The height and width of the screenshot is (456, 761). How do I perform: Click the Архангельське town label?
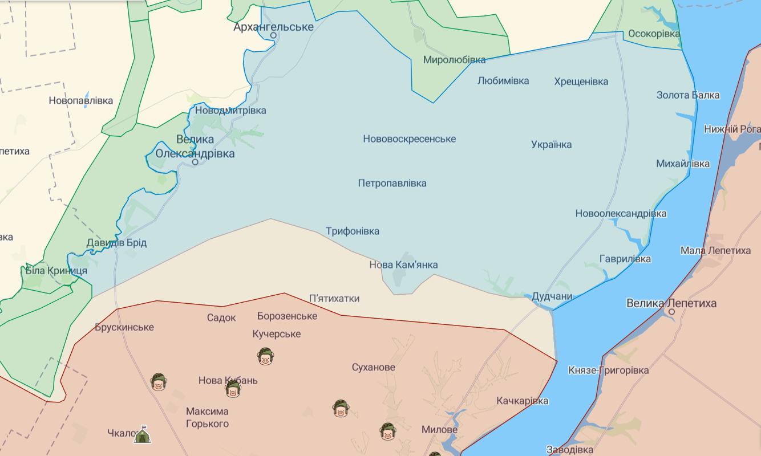pos(274,27)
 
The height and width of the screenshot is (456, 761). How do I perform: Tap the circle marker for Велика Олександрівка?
pos(195,162)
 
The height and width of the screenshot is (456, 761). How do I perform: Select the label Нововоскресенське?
pos(409,139)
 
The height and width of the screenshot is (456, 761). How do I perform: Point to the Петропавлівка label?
pos(392,183)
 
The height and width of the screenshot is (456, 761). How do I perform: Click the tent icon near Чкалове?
pos(142,435)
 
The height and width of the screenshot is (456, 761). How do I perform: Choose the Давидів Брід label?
pos(116,243)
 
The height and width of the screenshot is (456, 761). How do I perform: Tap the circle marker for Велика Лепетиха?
pos(672,312)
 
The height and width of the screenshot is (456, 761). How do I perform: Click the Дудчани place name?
pos(551,296)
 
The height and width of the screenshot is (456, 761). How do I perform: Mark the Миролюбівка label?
pos(454,60)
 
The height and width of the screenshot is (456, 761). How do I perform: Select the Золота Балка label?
pos(687,95)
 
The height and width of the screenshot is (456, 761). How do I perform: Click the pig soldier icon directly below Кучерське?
pos(264,357)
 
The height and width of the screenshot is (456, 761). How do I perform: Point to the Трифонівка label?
pos(352,231)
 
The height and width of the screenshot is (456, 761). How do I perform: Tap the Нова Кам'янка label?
pos(403,264)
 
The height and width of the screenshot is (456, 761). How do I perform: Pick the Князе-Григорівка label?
pos(608,370)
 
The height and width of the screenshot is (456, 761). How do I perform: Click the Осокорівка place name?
pos(654,34)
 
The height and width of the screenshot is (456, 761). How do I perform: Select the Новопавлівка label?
pos(80,100)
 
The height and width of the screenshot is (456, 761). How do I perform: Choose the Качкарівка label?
pos(522,401)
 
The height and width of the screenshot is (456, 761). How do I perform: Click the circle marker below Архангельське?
pos(273,35)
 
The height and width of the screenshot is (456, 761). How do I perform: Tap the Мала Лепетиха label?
pos(715,251)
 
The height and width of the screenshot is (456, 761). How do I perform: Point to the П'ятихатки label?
pos(334,298)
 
